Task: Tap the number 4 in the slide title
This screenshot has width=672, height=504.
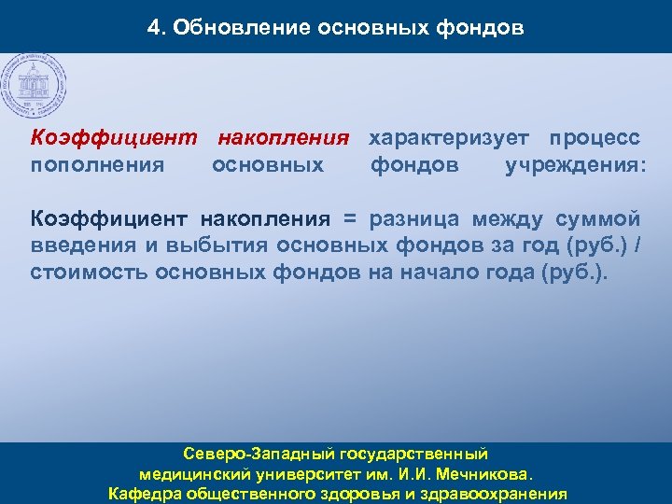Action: [x=153, y=28]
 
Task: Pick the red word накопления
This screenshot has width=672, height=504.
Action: [x=284, y=139]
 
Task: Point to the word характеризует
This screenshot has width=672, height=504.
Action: [x=452, y=139]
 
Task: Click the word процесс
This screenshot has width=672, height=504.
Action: [x=595, y=139]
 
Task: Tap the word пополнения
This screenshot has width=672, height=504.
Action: [x=98, y=166]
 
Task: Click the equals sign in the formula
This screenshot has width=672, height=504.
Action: [x=350, y=220]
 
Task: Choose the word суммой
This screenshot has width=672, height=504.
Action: [x=597, y=220]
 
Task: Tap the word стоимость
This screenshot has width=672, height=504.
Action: [x=89, y=273]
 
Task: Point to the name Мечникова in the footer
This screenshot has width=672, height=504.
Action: [x=486, y=473]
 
